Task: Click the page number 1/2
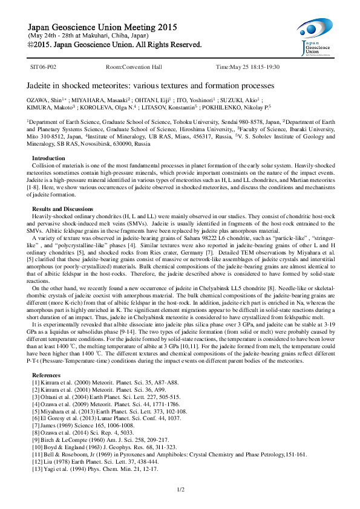(180, 488)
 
